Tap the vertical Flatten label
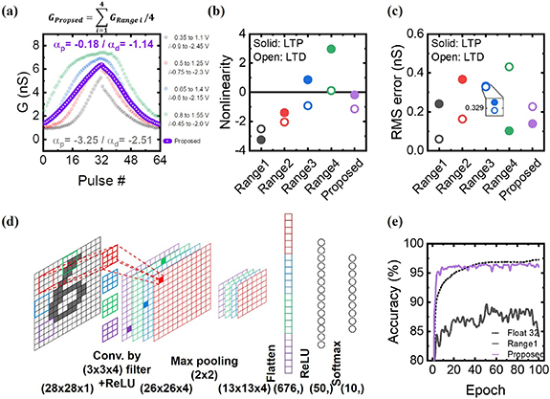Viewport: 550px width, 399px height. (x=273, y=334)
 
